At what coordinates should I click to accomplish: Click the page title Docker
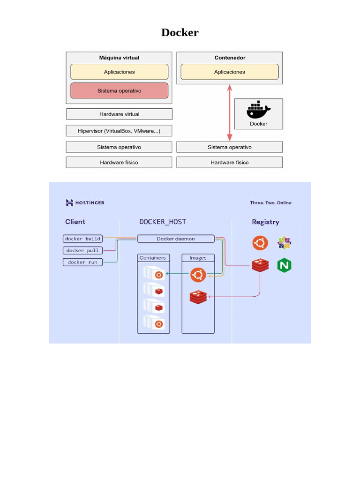180,32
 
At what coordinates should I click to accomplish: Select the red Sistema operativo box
119,90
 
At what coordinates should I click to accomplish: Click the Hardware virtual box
119,114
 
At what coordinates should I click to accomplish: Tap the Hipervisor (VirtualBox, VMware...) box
119,131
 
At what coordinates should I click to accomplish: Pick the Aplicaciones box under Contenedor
230,72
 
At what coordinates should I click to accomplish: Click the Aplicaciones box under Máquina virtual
119,72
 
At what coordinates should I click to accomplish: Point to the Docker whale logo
258,110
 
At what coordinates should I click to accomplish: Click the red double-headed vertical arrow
230,112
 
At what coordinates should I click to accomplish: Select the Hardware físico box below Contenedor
230,162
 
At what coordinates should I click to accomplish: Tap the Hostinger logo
85,202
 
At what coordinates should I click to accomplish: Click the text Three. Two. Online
270,202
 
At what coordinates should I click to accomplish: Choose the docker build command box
82,239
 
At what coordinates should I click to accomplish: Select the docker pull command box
82,250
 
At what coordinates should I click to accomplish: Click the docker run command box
82,262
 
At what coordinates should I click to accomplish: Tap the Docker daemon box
176,239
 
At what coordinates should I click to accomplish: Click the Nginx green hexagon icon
284,265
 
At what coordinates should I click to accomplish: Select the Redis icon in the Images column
198,297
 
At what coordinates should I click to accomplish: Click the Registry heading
265,222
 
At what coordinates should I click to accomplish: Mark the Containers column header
153,258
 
